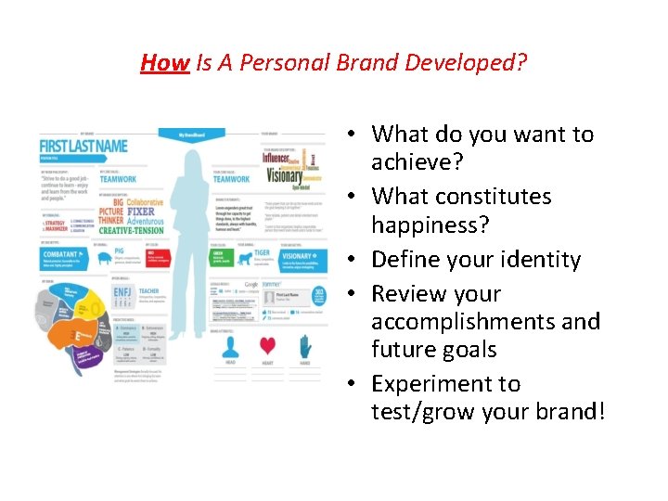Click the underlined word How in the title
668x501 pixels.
click(x=164, y=63)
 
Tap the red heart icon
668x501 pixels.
click(x=267, y=347)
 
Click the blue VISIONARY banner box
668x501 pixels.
click(x=303, y=260)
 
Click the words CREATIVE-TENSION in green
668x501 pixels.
click(x=130, y=229)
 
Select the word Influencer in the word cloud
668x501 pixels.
click(x=276, y=158)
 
